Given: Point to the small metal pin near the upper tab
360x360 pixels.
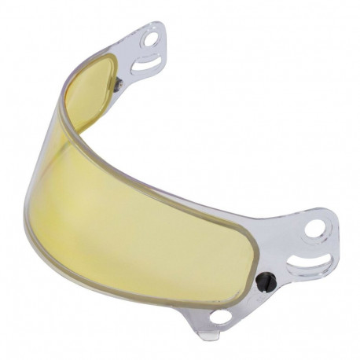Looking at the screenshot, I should [119, 81].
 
